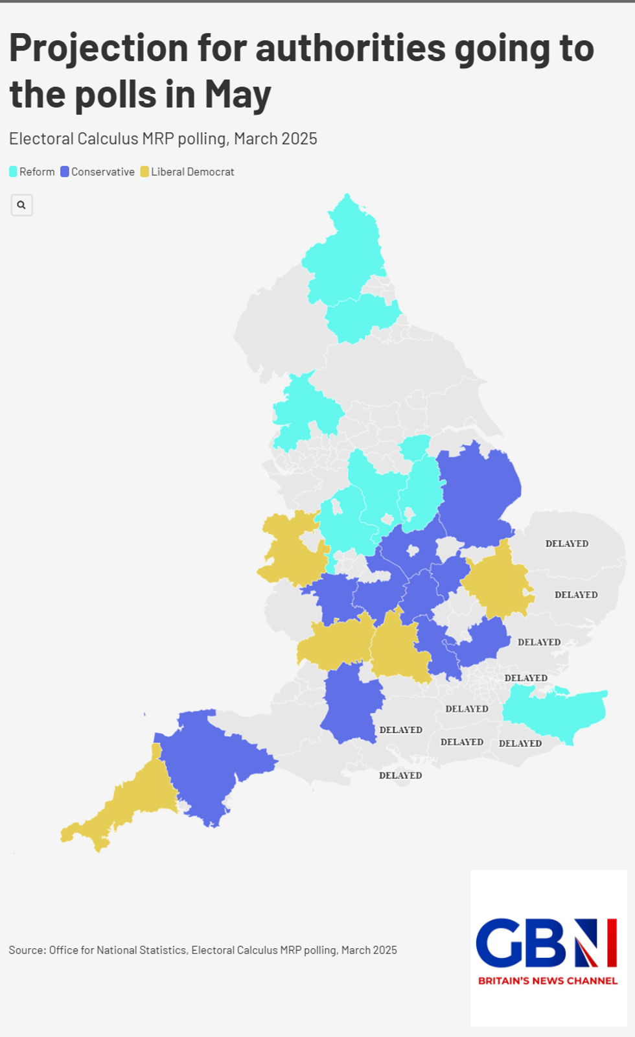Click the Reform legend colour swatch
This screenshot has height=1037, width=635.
(x=13, y=172)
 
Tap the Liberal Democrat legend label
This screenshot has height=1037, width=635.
(x=192, y=172)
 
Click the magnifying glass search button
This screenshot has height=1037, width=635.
(x=21, y=205)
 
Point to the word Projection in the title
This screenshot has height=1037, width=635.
(x=97, y=49)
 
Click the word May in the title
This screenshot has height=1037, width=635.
(x=237, y=95)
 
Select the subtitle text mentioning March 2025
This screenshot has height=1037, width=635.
(x=163, y=139)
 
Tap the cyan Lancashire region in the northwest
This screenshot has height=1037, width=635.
(x=305, y=408)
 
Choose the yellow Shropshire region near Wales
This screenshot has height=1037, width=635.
(x=292, y=548)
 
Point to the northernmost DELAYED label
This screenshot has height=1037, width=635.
(x=566, y=544)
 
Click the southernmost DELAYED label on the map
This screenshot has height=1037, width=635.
(x=400, y=775)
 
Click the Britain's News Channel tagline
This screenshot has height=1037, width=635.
(x=548, y=981)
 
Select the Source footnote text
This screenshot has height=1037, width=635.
(x=203, y=950)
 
